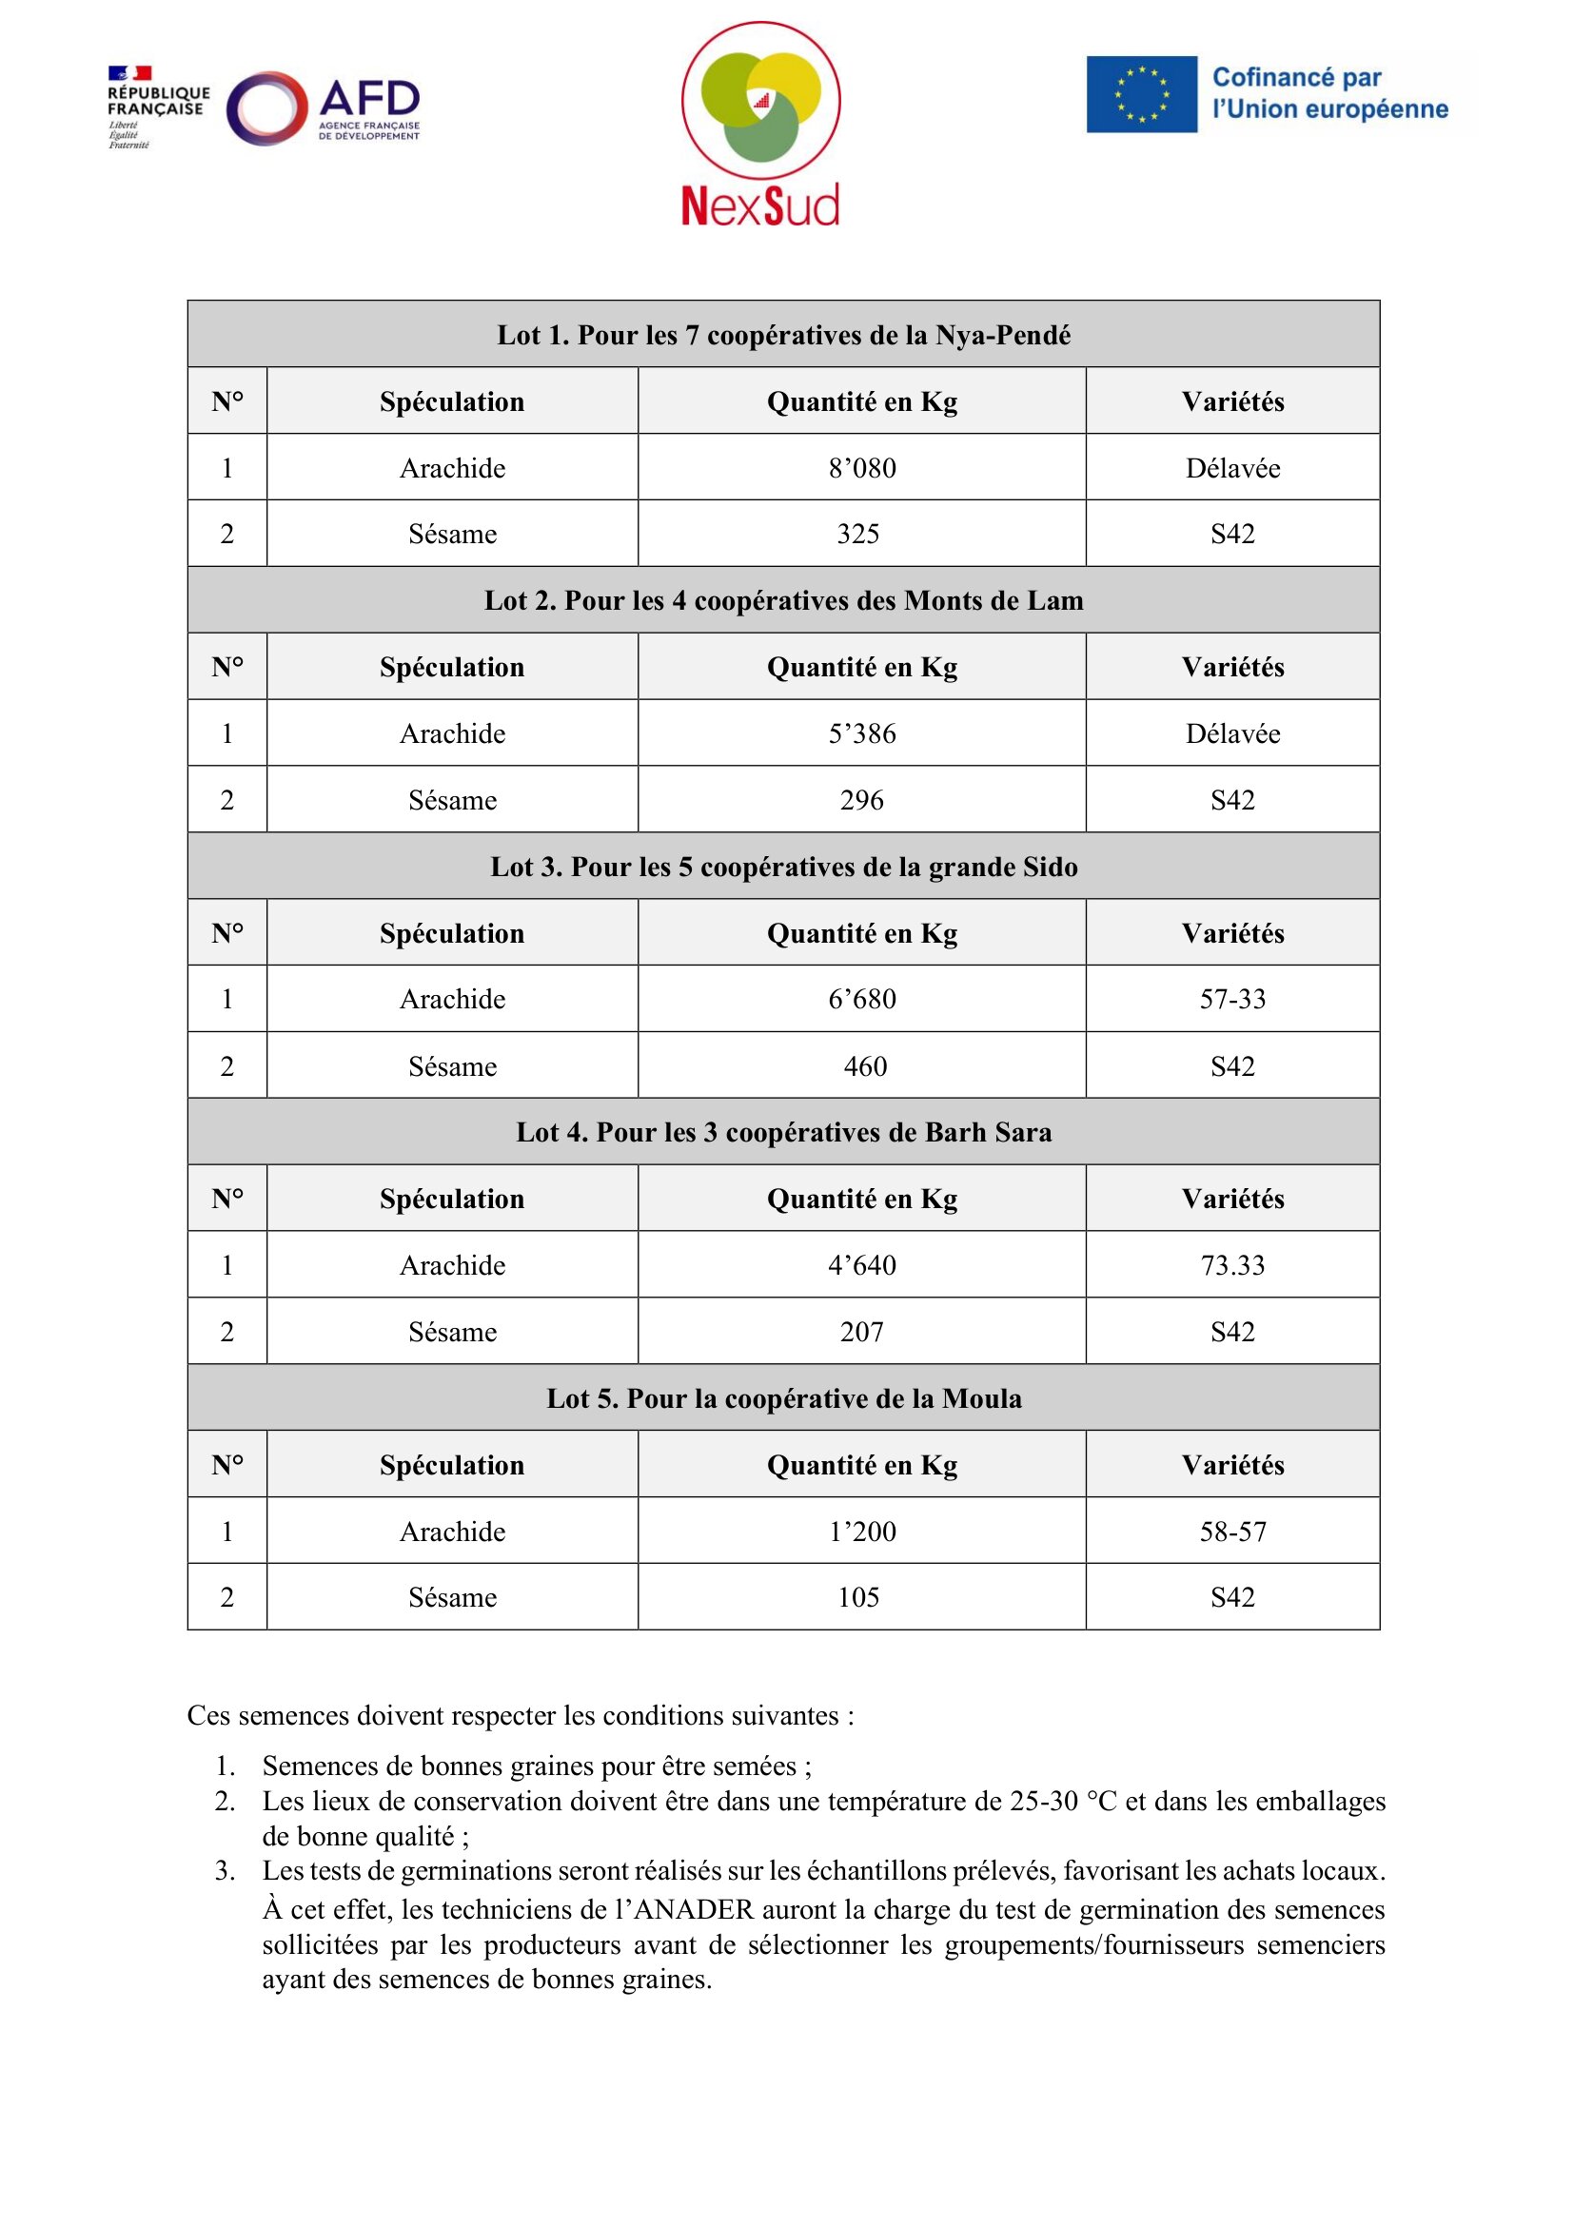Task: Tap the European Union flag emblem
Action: pyautogui.click(x=1141, y=94)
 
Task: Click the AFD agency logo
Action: pyautogui.click(x=325, y=107)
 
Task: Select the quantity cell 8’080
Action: pyautogui.click(x=861, y=468)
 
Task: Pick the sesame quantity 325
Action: pyautogui.click(x=858, y=534)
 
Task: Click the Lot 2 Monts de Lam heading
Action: pyautogui.click(x=783, y=601)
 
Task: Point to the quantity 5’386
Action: pyautogui.click(x=861, y=733)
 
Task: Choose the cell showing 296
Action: pyautogui.click(x=861, y=800)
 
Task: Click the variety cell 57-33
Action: pyautogui.click(x=1231, y=999)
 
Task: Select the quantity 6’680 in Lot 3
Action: pyautogui.click(x=861, y=999)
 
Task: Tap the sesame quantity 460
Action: pyautogui.click(x=864, y=1066)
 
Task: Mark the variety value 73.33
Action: pyautogui.click(x=1231, y=1264)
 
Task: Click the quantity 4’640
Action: pyautogui.click(x=861, y=1264)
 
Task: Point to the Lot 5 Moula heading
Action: pyautogui.click(x=783, y=1398)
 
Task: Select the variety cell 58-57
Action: pyautogui.click(x=1231, y=1532)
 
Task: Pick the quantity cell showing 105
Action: pyautogui.click(x=858, y=1597)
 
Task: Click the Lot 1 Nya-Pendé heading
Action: pyautogui.click(x=783, y=335)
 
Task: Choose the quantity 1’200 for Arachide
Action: pyautogui.click(x=861, y=1532)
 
